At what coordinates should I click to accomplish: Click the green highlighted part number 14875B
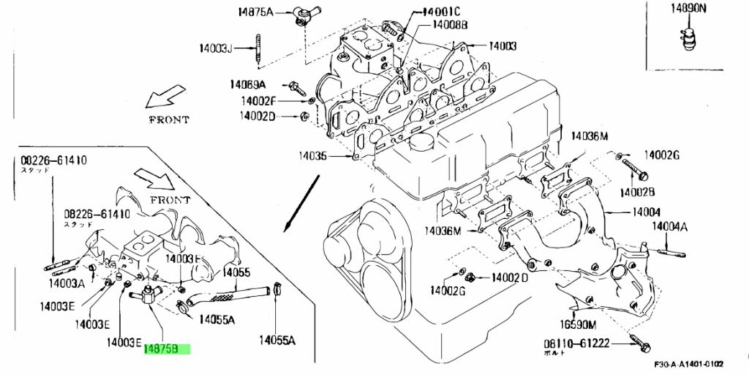click(167, 349)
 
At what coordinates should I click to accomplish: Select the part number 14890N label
click(689, 8)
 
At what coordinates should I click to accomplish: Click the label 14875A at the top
click(255, 12)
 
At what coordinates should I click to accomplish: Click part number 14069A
click(247, 84)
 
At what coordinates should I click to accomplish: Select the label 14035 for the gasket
click(313, 155)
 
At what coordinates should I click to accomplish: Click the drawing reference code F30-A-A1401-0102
click(689, 364)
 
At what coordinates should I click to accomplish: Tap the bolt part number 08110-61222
click(576, 344)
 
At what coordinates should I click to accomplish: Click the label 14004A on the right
click(669, 227)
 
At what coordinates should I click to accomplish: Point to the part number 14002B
click(637, 192)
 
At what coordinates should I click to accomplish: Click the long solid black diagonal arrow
click(301, 203)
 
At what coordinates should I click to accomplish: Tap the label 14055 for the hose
click(236, 272)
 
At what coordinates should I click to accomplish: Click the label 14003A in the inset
click(66, 283)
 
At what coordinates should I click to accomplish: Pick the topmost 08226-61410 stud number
click(54, 160)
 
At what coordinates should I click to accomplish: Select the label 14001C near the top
click(441, 12)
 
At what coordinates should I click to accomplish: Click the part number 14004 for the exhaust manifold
click(646, 212)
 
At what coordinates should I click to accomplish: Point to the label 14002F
click(258, 101)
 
